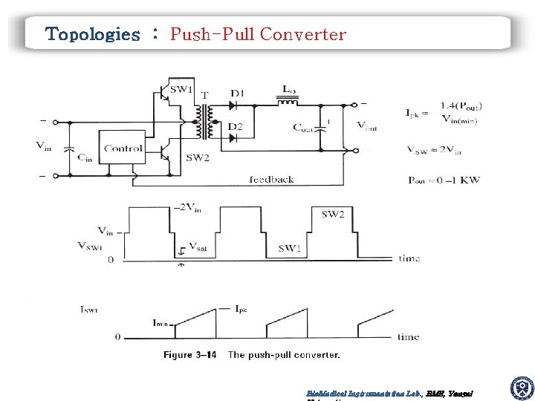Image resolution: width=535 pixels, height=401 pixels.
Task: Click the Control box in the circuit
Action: click(123, 149)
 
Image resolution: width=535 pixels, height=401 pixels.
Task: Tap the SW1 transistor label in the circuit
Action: click(181, 91)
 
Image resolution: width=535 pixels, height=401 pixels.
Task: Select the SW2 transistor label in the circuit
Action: click(198, 157)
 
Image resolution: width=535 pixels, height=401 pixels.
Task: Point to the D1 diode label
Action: click(237, 93)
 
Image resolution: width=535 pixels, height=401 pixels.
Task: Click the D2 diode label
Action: click(235, 127)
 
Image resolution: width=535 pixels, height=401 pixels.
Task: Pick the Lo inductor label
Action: click(288, 88)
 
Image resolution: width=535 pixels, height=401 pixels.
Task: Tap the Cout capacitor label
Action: click(303, 127)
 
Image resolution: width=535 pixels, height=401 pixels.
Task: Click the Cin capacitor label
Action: click(85, 157)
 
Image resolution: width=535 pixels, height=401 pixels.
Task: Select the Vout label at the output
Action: click(366, 127)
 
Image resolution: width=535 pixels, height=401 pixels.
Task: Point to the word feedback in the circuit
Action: click(271, 179)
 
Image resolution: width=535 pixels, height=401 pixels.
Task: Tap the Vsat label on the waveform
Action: click(198, 246)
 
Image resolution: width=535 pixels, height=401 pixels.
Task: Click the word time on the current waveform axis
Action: click(408, 336)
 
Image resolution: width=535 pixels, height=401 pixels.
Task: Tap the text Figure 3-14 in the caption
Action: click(189, 355)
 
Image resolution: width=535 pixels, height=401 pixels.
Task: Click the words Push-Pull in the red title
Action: click(213, 34)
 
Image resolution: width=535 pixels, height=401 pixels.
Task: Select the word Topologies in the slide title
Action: click(92, 34)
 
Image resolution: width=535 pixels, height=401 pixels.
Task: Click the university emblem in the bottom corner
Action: click(522, 388)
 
